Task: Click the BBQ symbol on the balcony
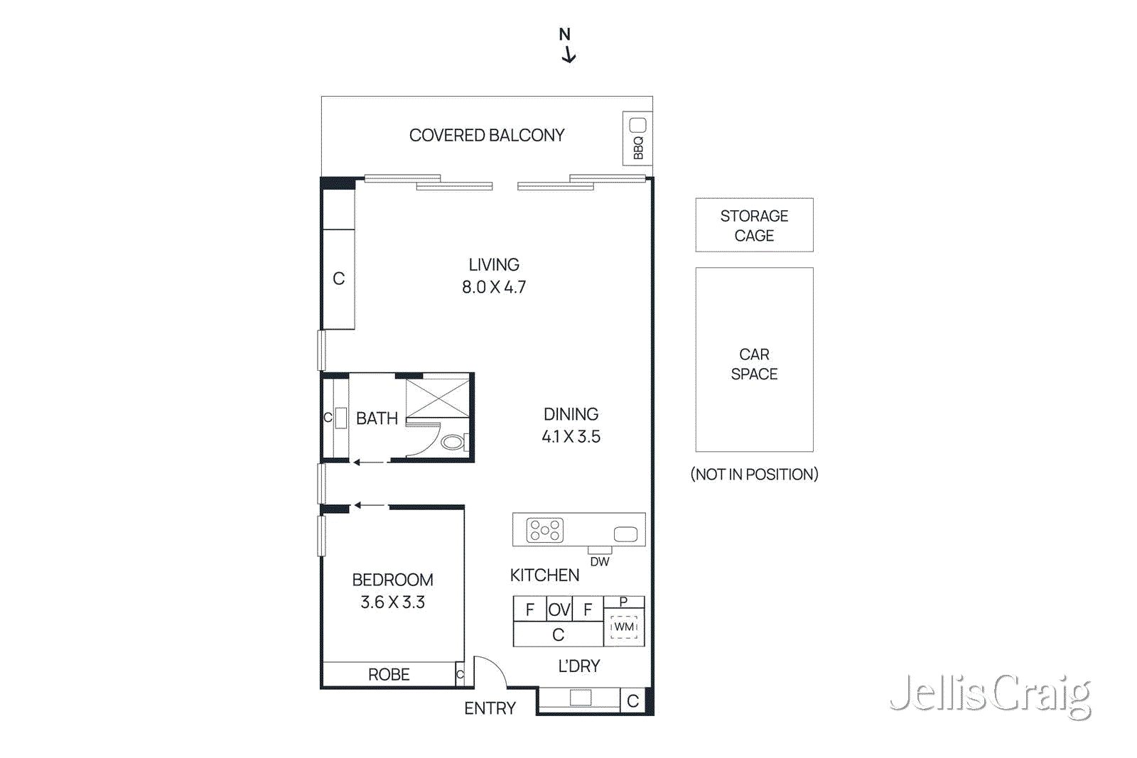click(x=637, y=139)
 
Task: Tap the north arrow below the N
click(x=568, y=55)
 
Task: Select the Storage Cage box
click(x=754, y=225)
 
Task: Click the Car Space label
click(x=754, y=364)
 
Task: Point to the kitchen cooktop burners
click(x=544, y=530)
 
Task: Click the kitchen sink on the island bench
click(x=625, y=534)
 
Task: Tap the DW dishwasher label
click(x=600, y=561)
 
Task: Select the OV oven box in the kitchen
click(x=559, y=610)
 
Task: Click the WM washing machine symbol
click(x=624, y=627)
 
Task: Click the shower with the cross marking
click(x=438, y=398)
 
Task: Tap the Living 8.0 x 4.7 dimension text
click(x=494, y=286)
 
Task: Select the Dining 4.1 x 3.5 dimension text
click(x=571, y=436)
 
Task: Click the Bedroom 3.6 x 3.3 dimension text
click(x=392, y=602)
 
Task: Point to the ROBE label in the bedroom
click(x=389, y=674)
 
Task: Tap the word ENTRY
click(x=490, y=708)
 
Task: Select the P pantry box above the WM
click(x=623, y=602)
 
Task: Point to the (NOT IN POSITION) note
click(x=754, y=474)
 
